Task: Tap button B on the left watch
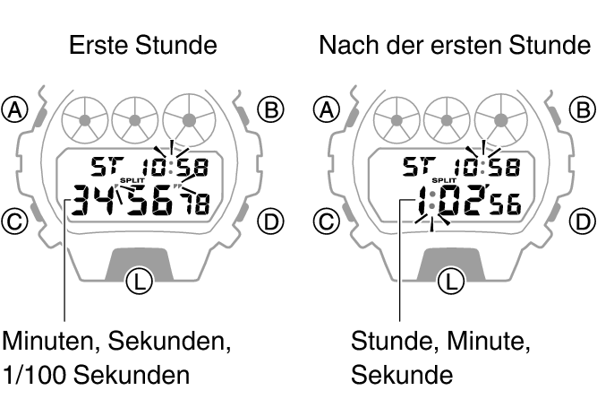[x=269, y=109]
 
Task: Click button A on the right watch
[x=328, y=109]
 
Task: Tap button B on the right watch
[x=582, y=109]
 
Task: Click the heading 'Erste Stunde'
[x=142, y=45]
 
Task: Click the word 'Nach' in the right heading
[x=349, y=45]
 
